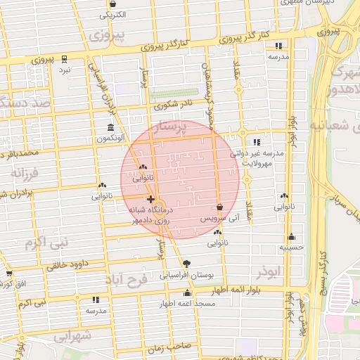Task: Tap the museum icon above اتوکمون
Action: click(x=111, y=127)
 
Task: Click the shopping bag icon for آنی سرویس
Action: click(x=220, y=207)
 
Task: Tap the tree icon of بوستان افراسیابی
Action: click(x=186, y=264)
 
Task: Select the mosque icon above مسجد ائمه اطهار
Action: click(x=187, y=292)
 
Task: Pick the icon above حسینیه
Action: click(x=291, y=237)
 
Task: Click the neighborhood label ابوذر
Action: click(x=269, y=271)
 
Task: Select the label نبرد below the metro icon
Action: click(x=65, y=70)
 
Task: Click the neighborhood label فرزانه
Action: click(x=27, y=171)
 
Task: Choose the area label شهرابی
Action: click(x=72, y=336)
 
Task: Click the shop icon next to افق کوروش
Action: click(x=9, y=274)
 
